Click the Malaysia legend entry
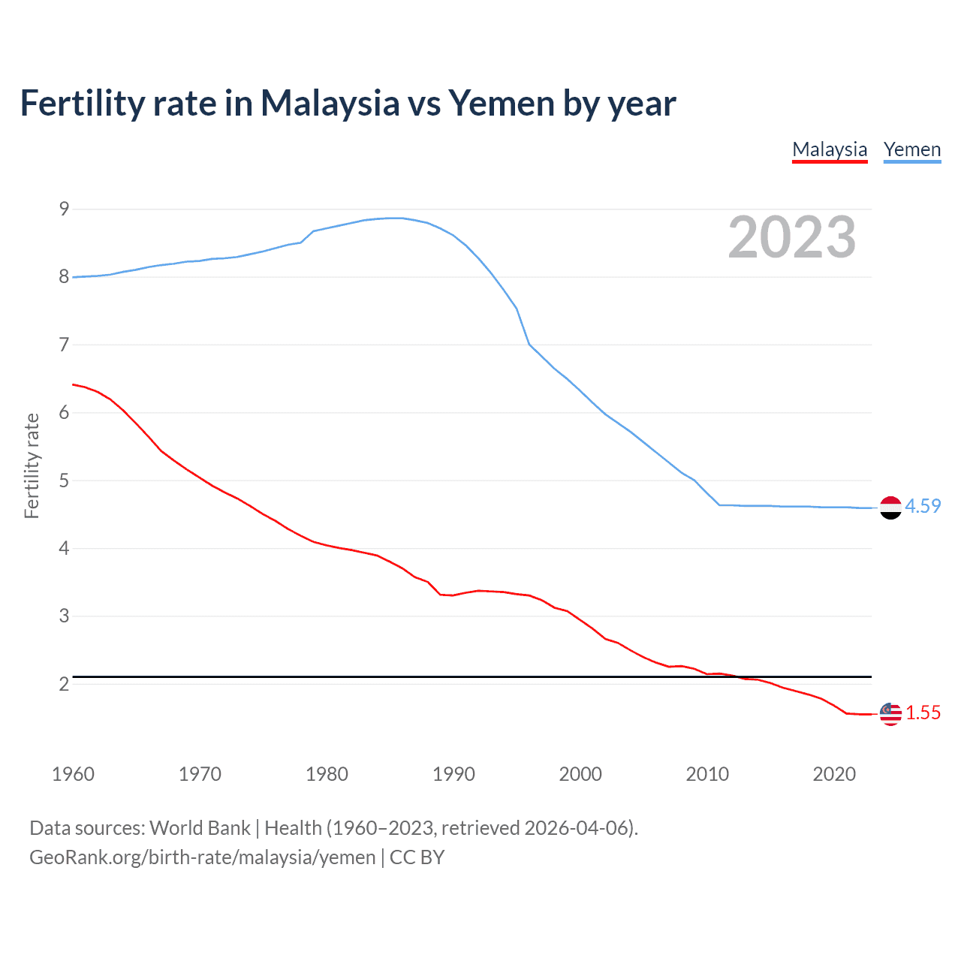[830, 149]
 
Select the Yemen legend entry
[912, 149]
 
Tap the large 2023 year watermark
[792, 237]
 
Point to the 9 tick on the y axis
[64, 209]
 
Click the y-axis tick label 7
[64, 345]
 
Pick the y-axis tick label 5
[64, 480]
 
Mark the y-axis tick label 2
[64, 684]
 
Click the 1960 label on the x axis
[73, 774]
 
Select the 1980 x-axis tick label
[327, 774]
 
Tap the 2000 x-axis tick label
[580, 774]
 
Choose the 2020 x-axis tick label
[834, 774]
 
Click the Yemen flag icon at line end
[890, 508]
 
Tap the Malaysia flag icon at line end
[890, 714]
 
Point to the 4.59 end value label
[923, 506]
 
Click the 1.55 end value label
[923, 712]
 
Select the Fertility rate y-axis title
[32, 465]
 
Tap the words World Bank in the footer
[200, 828]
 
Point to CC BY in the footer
[417, 857]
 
